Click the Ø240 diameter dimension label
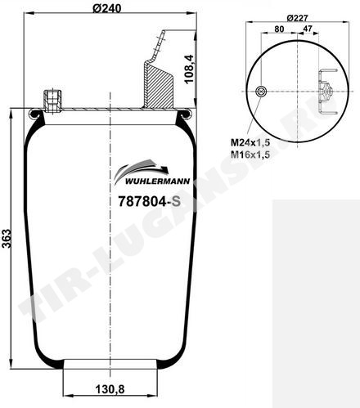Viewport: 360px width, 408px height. click(x=106, y=8)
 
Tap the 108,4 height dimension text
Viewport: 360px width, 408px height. click(x=189, y=69)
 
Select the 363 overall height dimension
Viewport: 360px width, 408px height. click(x=7, y=239)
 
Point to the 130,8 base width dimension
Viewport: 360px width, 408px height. click(x=110, y=389)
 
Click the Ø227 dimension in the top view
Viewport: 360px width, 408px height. click(x=297, y=18)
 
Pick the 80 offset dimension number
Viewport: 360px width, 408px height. click(x=279, y=29)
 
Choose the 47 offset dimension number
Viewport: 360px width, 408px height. click(x=308, y=29)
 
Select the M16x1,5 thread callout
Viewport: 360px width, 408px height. click(x=250, y=155)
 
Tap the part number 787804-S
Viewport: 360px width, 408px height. click(x=149, y=202)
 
